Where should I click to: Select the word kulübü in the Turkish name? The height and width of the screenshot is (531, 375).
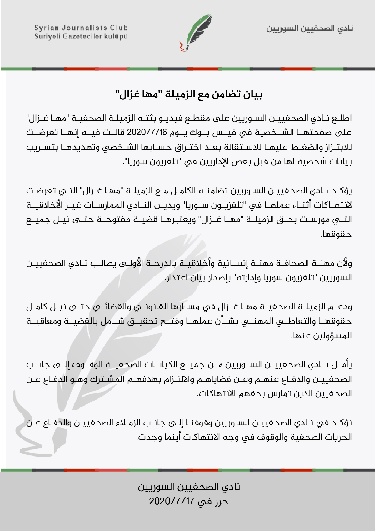pos(116,37)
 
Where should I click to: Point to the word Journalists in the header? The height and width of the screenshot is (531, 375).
pos(82,28)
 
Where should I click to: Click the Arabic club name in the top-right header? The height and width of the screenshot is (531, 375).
pos(310,28)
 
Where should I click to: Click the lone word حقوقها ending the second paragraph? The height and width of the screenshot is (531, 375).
pos(336,234)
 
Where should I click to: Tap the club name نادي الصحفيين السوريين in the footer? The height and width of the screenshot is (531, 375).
pos(189,487)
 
